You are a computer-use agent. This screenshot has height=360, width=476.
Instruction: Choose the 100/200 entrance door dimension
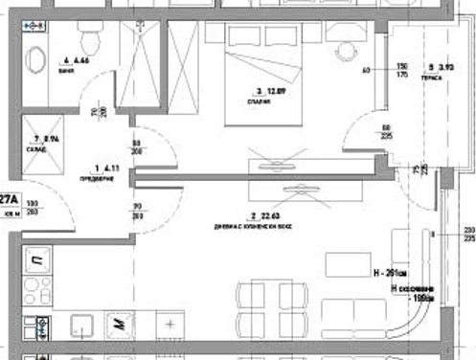click(33, 208)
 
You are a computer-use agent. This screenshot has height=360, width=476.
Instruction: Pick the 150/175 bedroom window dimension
click(403, 70)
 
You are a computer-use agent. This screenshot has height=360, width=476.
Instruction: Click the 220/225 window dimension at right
click(468, 235)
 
